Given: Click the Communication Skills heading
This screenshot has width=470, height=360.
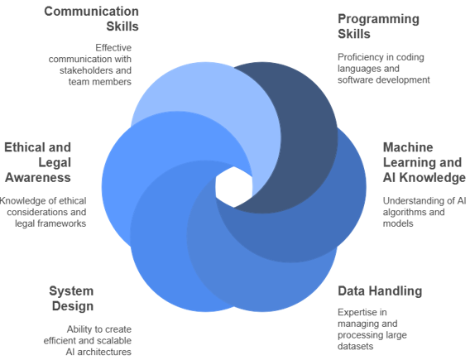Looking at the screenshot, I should pyautogui.click(x=92, y=18).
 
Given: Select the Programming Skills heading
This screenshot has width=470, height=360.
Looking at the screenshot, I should pyautogui.click(x=378, y=26).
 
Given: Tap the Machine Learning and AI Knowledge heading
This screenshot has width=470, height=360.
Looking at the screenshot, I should pyautogui.click(x=423, y=162).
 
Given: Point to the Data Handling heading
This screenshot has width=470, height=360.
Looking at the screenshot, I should pyautogui.click(x=380, y=290).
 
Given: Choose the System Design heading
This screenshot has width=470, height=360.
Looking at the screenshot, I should pyautogui.click(x=71, y=299).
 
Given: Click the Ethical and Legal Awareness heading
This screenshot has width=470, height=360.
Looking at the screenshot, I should pyautogui.click(x=38, y=162).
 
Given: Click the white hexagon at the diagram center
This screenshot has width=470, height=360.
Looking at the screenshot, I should pyautogui.click(x=234, y=186).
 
